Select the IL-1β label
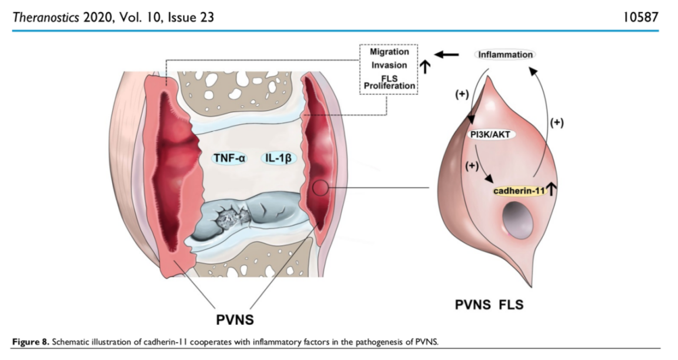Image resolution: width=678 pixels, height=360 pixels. tap(278, 159)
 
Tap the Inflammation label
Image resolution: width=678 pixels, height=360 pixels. tap(505, 55)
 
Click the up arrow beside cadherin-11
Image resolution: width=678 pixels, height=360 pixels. tap(552, 189)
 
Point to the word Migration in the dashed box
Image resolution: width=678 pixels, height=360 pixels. tap(389, 52)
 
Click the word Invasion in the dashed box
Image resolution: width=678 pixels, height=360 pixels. tap(389, 65)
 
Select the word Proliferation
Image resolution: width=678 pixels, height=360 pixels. tap(389, 86)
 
